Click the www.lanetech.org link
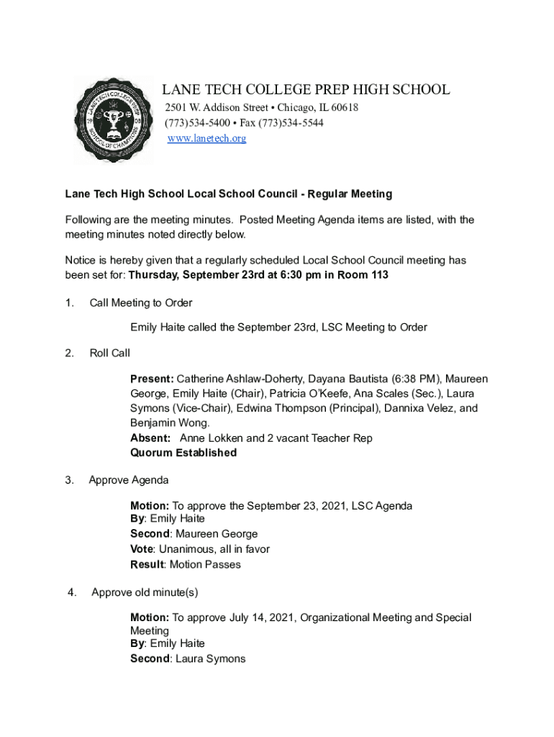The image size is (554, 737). point(206,138)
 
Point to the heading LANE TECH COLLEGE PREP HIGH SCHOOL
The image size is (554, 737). point(306,90)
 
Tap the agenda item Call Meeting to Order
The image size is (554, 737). point(140,303)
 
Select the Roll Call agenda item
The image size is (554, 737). point(109,353)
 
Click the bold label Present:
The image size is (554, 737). point(152,379)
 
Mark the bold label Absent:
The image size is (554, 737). point(150,438)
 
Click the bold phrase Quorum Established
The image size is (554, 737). point(183,453)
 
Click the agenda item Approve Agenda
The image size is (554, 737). point(129,480)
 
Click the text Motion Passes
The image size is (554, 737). point(205,564)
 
